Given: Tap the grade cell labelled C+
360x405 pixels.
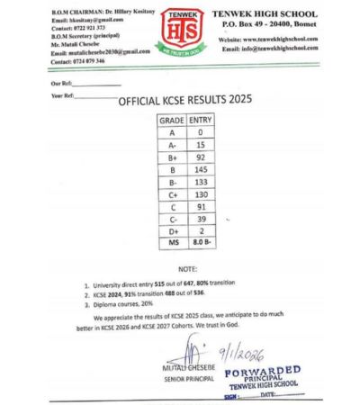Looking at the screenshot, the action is tap(171, 195).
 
